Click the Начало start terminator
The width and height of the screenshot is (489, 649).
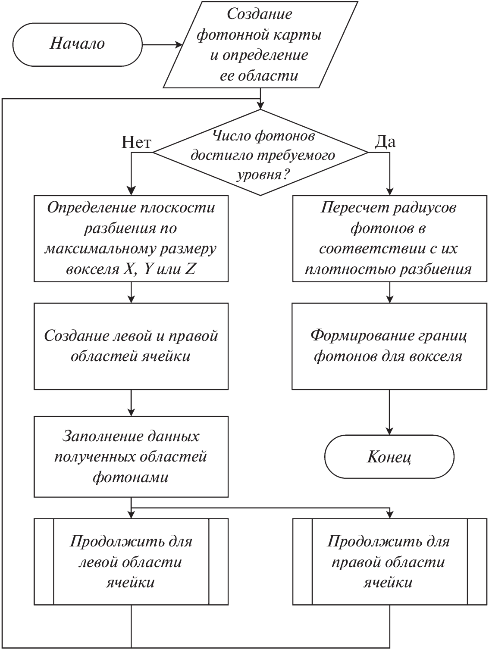pos(78,44)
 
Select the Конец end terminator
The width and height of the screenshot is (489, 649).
pos(389,456)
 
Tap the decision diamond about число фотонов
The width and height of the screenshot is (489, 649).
pos(260,153)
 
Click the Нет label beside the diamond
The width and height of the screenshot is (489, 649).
pos(136,142)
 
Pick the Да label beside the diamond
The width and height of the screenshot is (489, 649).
pos(386,141)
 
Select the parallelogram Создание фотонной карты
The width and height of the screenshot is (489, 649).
pos(260,44)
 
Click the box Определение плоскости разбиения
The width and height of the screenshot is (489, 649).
pos(131,238)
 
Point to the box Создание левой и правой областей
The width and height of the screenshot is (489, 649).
pos(131,346)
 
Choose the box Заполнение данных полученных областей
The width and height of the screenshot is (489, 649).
pos(131,456)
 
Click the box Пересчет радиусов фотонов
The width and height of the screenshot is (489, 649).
pos(389,238)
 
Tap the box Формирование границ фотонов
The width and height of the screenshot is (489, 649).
pos(389,346)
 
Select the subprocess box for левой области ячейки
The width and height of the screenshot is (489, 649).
pos(131,562)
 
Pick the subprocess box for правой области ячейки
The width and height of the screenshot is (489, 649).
pos(389,562)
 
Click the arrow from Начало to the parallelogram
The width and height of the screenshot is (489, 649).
pos(162,44)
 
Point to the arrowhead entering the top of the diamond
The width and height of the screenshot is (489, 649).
pos(260,105)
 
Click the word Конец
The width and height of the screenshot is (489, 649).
pos(389,457)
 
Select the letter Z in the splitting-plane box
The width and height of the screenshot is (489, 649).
pos(190,269)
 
